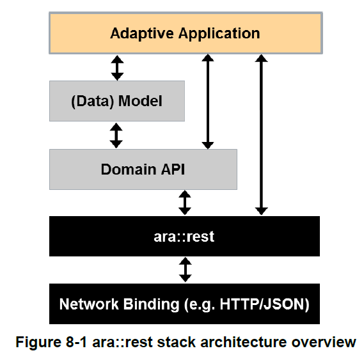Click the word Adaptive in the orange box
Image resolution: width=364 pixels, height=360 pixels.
(x=142, y=34)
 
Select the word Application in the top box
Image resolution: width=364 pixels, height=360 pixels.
(x=219, y=34)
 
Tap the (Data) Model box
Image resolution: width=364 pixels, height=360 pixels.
(x=117, y=101)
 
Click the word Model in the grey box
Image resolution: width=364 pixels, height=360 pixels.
(x=140, y=101)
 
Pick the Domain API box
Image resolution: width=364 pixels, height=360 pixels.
(x=143, y=169)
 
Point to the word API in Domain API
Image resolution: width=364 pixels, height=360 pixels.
(x=173, y=169)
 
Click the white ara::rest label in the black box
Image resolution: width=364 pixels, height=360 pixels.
(x=184, y=237)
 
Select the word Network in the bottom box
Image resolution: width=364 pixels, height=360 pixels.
(x=89, y=304)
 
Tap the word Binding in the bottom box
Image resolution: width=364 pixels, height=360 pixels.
(x=152, y=304)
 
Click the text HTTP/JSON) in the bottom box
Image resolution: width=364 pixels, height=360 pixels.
(x=265, y=304)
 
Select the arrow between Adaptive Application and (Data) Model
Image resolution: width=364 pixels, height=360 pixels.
(x=117, y=68)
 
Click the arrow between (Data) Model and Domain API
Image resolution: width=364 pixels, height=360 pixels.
(x=116, y=136)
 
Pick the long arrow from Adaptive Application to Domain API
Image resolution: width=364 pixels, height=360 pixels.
(x=208, y=102)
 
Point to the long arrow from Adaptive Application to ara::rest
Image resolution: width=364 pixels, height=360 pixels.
(x=262, y=135)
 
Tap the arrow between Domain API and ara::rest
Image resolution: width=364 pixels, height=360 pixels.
(x=185, y=203)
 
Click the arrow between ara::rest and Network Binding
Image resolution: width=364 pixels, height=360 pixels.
(x=186, y=270)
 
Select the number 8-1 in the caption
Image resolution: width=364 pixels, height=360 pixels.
(x=76, y=342)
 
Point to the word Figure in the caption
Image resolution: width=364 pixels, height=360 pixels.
(x=38, y=343)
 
